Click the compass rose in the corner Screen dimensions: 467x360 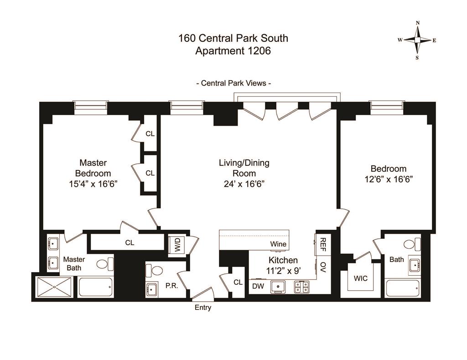(x=417, y=40)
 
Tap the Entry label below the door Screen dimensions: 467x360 (x=203, y=308)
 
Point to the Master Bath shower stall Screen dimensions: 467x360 (x=55, y=287)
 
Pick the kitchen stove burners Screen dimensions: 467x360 (x=301, y=287)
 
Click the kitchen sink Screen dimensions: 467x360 (x=278, y=287)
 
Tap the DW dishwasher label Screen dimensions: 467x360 (x=258, y=286)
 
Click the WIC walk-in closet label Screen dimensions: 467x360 (x=360, y=279)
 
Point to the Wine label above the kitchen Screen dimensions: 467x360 (x=278, y=244)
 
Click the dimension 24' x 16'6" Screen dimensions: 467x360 (x=244, y=184)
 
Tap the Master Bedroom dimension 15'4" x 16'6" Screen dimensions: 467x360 (x=93, y=184)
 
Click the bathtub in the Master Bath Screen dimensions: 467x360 (x=96, y=287)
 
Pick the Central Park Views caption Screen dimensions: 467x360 (x=233, y=83)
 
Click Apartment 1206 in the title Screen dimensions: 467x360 (x=233, y=51)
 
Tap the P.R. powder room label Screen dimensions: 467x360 (x=171, y=286)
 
